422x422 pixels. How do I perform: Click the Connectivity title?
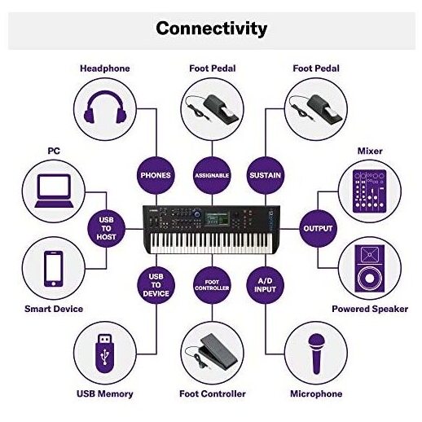212,29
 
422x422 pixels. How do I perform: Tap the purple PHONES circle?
156,175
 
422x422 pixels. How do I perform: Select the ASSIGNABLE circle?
212,175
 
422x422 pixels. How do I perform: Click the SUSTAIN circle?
265,175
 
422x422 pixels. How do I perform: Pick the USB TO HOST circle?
106,228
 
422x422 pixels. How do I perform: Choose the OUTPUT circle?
318,228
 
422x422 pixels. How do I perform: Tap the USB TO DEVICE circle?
156,285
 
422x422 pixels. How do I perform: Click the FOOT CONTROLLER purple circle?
212,285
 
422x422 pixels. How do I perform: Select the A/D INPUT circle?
265,285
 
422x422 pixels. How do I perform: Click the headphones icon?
105,108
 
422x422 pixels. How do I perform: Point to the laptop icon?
54,191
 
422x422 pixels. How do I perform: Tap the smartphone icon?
54,269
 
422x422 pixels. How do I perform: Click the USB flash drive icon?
105,353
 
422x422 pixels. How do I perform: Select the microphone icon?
316,354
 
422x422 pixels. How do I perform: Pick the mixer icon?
369,191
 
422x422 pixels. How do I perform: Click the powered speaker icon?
369,269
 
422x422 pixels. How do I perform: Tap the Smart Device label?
54,309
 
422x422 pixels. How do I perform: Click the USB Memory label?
105,393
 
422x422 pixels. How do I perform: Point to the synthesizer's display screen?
218,218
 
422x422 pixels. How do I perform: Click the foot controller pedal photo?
212,352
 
